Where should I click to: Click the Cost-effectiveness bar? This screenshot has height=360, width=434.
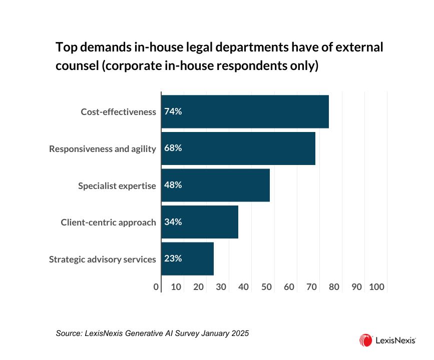pyautogui.click(x=245, y=111)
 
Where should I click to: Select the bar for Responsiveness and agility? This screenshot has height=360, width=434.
pyautogui.click(x=238, y=148)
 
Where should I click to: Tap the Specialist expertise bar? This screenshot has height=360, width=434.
pyautogui.click(x=215, y=185)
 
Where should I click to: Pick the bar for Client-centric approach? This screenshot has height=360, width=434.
pyautogui.click(x=200, y=222)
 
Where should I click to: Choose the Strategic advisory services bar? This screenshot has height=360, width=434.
pyautogui.click(x=187, y=258)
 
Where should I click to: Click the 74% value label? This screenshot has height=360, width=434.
pyautogui.click(x=173, y=111)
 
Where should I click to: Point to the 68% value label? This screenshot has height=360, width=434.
pyautogui.click(x=173, y=148)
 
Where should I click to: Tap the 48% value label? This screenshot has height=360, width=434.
pyautogui.click(x=173, y=185)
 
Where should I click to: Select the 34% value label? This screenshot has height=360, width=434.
pyautogui.click(x=173, y=222)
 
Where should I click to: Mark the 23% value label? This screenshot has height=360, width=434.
pyautogui.click(x=173, y=258)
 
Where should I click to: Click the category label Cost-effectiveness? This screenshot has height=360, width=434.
pyautogui.click(x=119, y=111)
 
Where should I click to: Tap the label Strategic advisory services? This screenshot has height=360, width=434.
pyautogui.click(x=103, y=259)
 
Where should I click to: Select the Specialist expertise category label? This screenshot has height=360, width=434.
pyautogui.click(x=117, y=185)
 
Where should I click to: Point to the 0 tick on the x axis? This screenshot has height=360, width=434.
pyautogui.click(x=157, y=287)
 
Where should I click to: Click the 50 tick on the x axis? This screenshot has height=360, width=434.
pyautogui.click(x=266, y=287)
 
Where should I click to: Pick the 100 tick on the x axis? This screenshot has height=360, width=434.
pyautogui.click(x=376, y=287)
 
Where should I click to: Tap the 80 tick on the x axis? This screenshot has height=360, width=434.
pyautogui.click(x=334, y=287)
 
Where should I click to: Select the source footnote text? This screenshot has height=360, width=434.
pyautogui.click(x=152, y=332)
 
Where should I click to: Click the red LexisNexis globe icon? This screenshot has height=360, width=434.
pyautogui.click(x=365, y=340)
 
